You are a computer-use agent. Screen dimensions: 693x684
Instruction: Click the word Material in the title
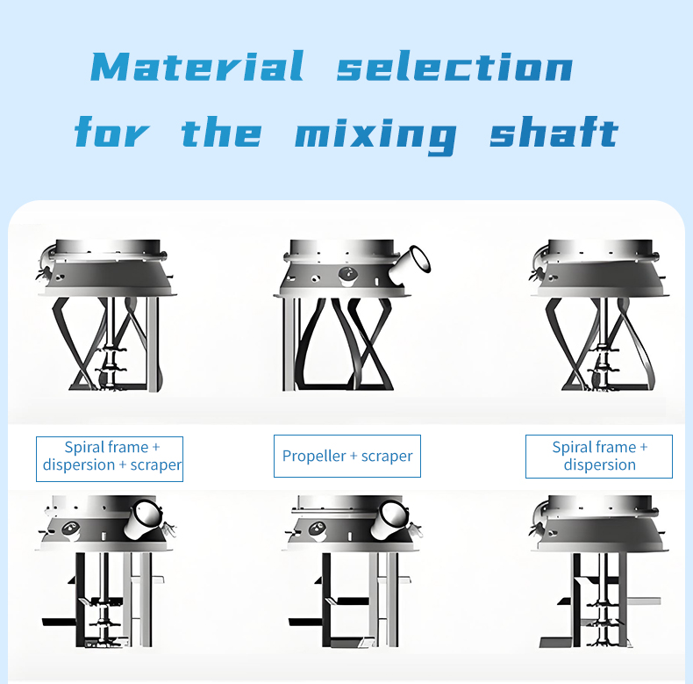(x=197, y=67)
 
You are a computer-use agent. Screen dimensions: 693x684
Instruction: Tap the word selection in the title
(x=454, y=67)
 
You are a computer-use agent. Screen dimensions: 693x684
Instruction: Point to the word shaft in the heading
(x=554, y=131)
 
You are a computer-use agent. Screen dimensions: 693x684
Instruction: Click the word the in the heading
(x=221, y=132)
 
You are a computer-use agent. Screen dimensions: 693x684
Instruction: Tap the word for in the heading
(x=111, y=132)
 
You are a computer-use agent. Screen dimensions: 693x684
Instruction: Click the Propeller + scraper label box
(x=347, y=457)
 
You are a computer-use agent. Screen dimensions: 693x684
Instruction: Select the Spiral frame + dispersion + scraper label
(x=110, y=459)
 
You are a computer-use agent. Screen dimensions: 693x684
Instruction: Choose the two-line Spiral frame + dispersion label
(x=599, y=457)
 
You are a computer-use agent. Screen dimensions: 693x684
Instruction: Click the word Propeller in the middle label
(x=314, y=457)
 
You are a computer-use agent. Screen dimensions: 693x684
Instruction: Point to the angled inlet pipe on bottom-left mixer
(x=143, y=520)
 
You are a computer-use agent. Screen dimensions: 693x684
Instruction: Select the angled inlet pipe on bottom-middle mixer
(x=389, y=520)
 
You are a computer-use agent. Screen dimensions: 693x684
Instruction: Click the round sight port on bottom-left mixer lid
(x=71, y=529)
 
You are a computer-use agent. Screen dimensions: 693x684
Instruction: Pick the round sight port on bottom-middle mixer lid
(x=317, y=529)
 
